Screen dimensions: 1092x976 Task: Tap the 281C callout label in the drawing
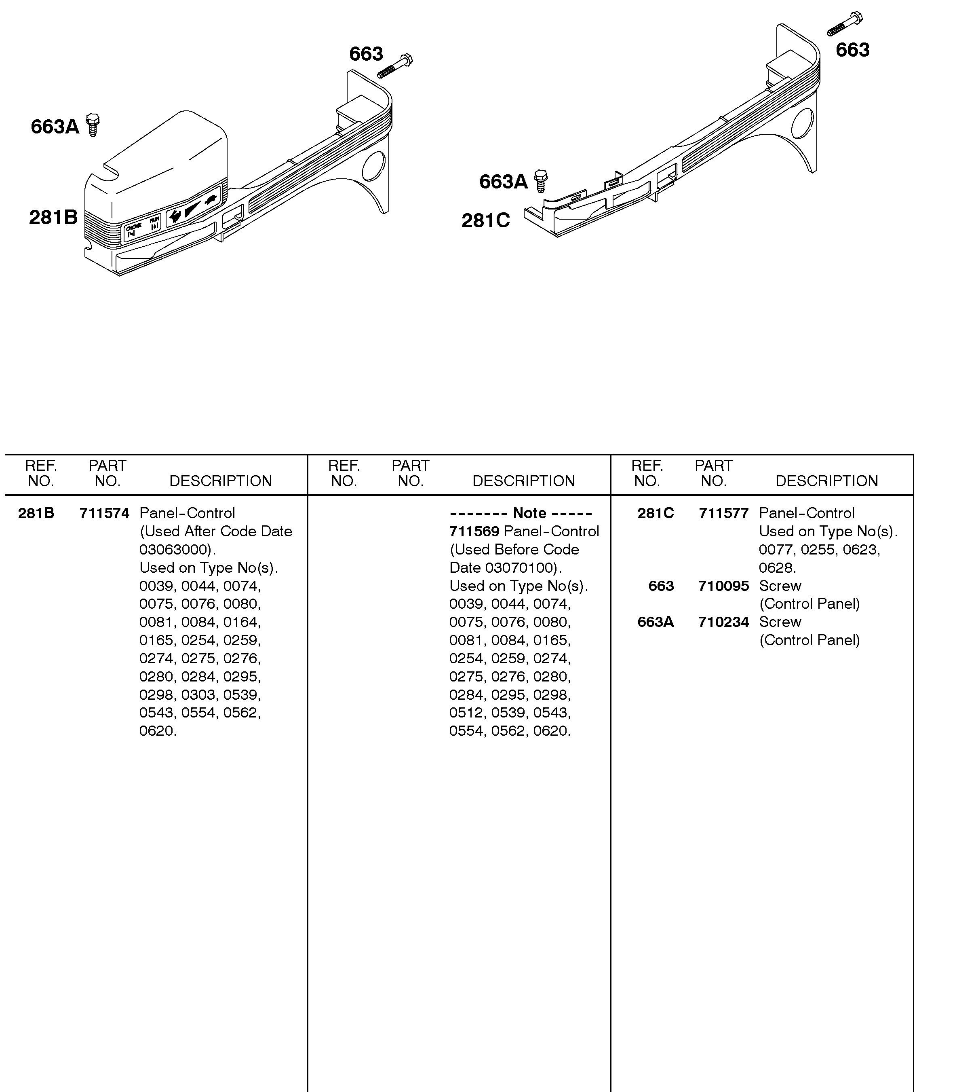point(485,220)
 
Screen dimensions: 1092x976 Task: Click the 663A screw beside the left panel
point(93,125)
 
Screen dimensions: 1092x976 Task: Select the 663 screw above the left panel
point(395,66)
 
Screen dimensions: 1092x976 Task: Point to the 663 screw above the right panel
point(845,23)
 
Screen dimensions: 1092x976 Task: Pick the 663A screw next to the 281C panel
point(541,181)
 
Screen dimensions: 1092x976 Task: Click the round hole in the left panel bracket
point(373,166)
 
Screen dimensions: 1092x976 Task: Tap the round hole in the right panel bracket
point(802,123)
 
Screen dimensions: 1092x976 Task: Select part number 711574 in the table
point(105,514)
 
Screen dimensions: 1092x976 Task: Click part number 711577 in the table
point(723,514)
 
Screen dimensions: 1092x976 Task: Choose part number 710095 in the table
point(723,586)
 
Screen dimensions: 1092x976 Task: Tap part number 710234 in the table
point(723,622)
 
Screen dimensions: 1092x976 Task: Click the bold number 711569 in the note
point(474,531)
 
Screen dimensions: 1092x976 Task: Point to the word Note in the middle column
point(529,514)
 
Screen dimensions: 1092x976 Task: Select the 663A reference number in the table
point(656,622)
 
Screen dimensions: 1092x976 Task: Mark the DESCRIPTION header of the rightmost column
point(826,481)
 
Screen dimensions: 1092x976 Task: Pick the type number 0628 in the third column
point(776,568)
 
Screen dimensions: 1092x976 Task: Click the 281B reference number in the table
point(36,514)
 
